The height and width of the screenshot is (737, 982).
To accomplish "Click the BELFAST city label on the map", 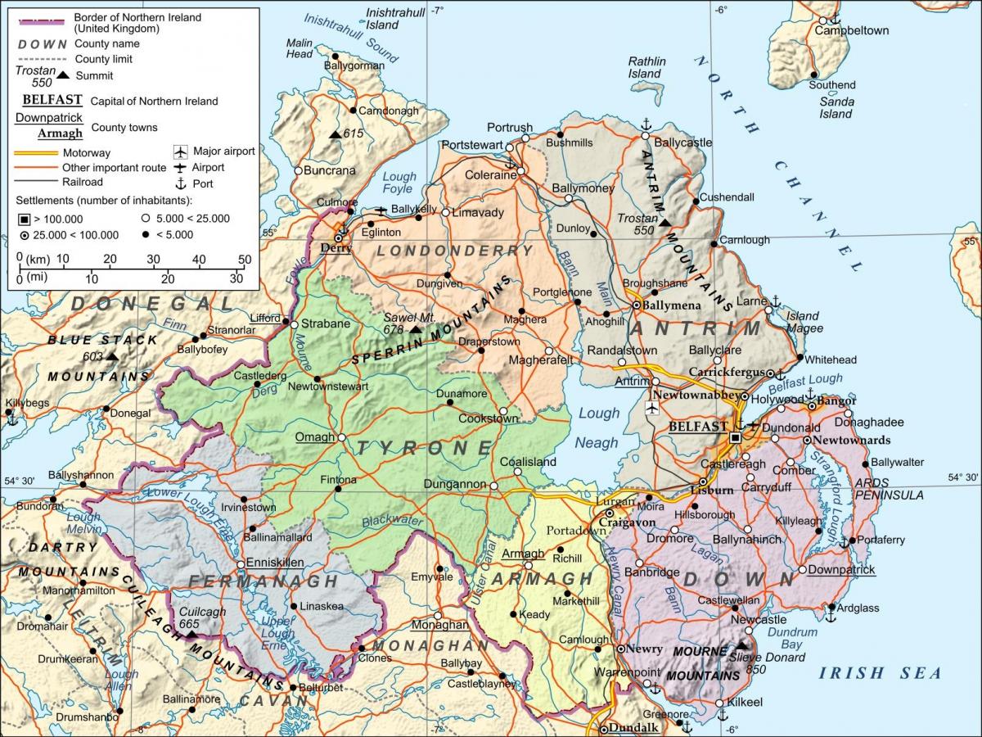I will [x=697, y=427].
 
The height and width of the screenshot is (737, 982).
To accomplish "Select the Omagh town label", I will [x=315, y=437].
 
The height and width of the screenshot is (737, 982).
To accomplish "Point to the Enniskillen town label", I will [x=271, y=563].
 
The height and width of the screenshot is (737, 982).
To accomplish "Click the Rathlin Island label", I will [x=646, y=67].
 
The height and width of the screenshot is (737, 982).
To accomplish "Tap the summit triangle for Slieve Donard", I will [x=741, y=645].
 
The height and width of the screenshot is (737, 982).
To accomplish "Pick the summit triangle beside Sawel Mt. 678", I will [x=415, y=329].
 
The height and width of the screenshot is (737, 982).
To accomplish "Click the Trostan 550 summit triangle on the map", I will [x=665, y=221].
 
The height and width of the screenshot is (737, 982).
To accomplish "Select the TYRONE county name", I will [x=423, y=448].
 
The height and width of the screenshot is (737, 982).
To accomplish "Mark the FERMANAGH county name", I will [x=263, y=581].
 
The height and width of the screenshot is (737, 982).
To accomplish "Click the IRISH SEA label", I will [x=880, y=673].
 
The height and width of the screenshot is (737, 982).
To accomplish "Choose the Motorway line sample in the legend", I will [x=38, y=153].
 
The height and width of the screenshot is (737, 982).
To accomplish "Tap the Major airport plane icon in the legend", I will [x=180, y=151].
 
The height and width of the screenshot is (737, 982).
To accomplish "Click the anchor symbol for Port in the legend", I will [x=180, y=183].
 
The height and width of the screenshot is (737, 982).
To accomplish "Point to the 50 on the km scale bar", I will [x=244, y=260].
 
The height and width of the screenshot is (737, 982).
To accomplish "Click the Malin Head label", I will [x=300, y=48].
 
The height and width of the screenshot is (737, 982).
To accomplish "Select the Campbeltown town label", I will [x=851, y=30].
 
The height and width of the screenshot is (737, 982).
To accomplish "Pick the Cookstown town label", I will [x=488, y=418].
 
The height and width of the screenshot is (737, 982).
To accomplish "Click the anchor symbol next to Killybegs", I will [x=11, y=418].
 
